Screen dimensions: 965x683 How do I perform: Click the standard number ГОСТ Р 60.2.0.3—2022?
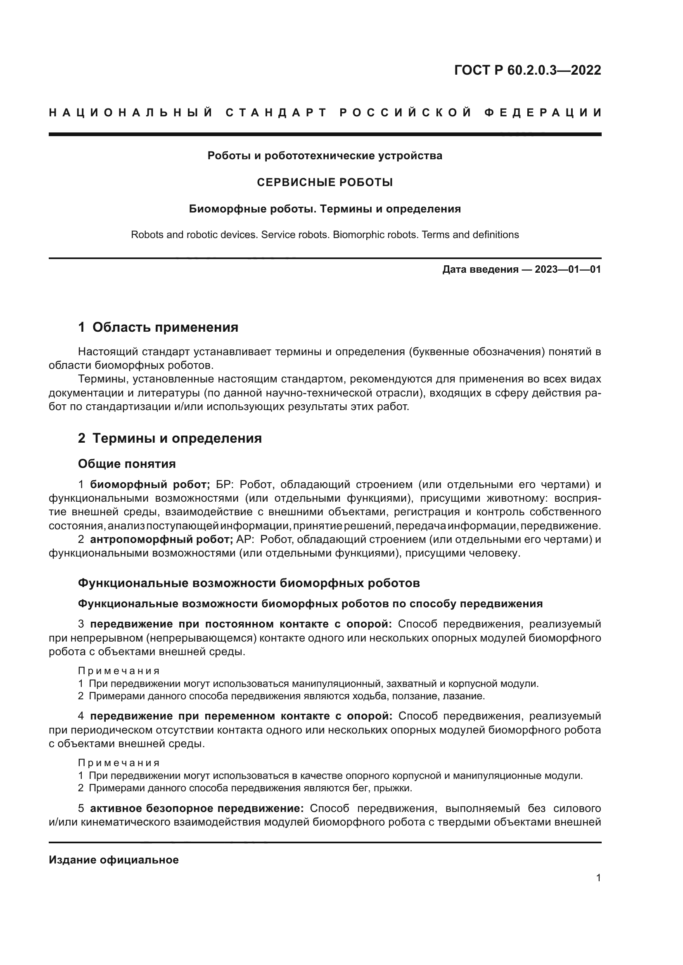(x=527, y=70)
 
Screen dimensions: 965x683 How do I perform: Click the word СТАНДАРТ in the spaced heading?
(x=276, y=113)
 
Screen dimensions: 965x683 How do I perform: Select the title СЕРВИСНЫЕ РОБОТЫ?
(x=325, y=182)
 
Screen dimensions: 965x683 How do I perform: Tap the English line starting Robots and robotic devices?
(x=325, y=234)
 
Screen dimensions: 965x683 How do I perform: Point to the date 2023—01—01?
(x=568, y=269)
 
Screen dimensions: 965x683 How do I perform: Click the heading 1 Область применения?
(x=158, y=327)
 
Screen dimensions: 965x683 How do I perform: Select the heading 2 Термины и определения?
(x=170, y=438)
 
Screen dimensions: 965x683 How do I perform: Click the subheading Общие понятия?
(x=127, y=464)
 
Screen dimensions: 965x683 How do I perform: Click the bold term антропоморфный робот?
(x=161, y=539)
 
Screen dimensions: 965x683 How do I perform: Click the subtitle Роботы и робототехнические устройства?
(x=325, y=156)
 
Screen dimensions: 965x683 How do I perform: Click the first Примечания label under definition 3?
(x=119, y=671)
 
